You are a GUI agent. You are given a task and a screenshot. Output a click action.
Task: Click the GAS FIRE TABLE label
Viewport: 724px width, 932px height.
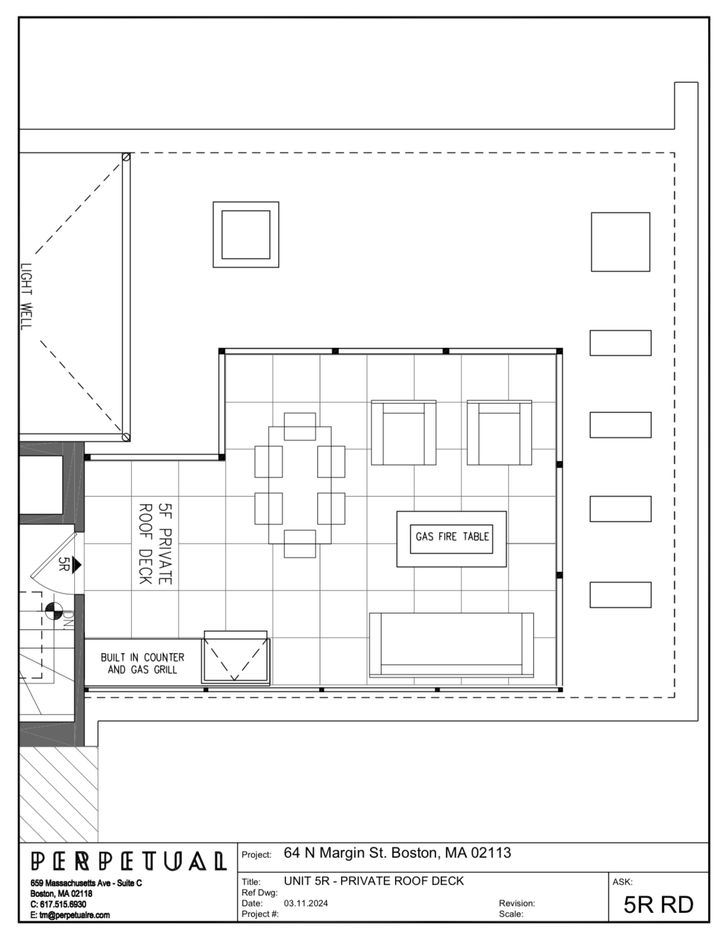pyautogui.click(x=452, y=537)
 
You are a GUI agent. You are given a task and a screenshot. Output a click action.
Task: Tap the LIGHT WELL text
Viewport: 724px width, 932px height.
pyautogui.click(x=26, y=296)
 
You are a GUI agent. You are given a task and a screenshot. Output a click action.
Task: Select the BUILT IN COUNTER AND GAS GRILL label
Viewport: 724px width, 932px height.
pyautogui.click(x=142, y=663)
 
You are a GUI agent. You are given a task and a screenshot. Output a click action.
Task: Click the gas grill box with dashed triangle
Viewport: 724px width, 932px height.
pyautogui.click(x=235, y=657)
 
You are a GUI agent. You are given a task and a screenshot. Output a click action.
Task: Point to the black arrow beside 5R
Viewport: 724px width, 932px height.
pyautogui.click(x=76, y=564)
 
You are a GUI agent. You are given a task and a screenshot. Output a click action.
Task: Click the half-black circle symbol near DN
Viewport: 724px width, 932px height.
pyautogui.click(x=53, y=611)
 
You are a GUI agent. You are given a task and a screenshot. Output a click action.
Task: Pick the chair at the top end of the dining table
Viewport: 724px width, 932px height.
pyautogui.click(x=300, y=426)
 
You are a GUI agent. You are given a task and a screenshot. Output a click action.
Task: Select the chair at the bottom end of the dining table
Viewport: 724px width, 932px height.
pyautogui.click(x=300, y=544)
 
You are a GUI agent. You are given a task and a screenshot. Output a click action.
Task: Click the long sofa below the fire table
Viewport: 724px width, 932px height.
pyautogui.click(x=451, y=645)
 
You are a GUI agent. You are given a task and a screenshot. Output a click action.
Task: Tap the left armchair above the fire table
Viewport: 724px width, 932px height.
pyautogui.click(x=404, y=432)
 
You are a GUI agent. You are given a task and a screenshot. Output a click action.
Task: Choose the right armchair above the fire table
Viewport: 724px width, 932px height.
pyautogui.click(x=499, y=432)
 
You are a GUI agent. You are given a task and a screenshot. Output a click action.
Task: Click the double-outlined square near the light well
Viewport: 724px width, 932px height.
pyautogui.click(x=245, y=235)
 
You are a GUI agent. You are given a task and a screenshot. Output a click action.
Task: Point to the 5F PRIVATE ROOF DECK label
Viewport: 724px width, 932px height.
pyautogui.click(x=155, y=544)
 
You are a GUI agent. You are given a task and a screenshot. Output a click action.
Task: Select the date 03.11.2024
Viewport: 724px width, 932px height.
pyautogui.click(x=306, y=903)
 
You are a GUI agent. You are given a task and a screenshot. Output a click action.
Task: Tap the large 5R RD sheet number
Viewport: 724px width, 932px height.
pyautogui.click(x=658, y=905)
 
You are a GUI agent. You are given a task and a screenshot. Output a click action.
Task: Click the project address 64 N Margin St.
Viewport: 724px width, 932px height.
pyautogui.click(x=397, y=853)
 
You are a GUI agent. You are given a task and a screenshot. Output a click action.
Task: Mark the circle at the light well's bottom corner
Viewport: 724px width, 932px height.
pyautogui.click(x=126, y=437)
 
